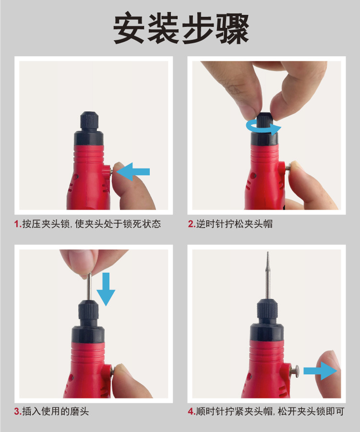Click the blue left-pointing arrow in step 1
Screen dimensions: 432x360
click(x=133, y=172)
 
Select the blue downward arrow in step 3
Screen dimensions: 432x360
click(x=106, y=288)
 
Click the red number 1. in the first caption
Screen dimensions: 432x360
click(x=18, y=224)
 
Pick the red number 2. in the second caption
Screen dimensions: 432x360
click(x=191, y=224)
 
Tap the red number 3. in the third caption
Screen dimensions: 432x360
click(x=18, y=411)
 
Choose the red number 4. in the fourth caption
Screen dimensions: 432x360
click(x=191, y=411)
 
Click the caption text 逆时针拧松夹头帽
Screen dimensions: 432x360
click(x=234, y=224)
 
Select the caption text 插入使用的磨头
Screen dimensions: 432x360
click(x=55, y=411)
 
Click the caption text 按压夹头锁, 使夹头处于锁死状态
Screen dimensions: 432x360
click(x=91, y=224)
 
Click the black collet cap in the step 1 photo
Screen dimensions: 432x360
click(x=90, y=122)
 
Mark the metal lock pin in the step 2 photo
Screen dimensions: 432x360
click(x=288, y=167)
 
